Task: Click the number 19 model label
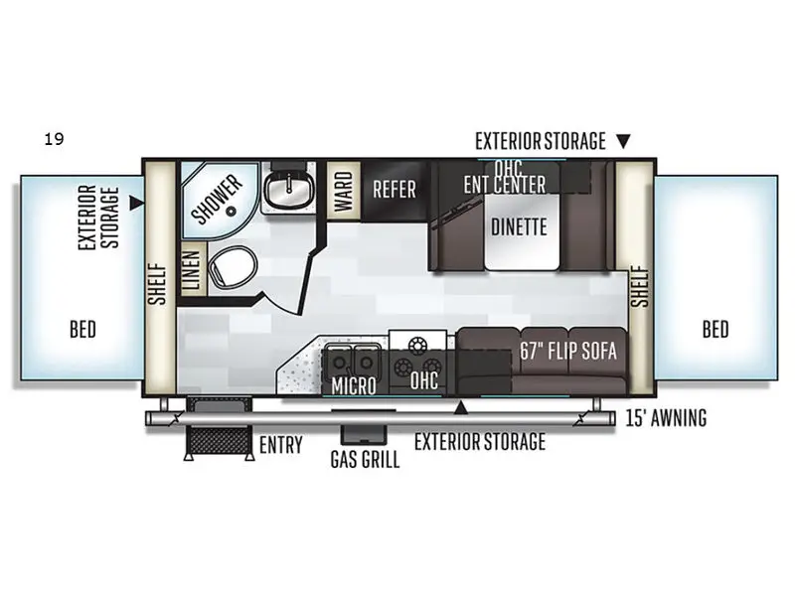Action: tap(54, 139)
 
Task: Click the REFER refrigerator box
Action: tap(395, 189)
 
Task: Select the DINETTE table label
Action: tap(519, 226)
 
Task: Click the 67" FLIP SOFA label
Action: tap(568, 351)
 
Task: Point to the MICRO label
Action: tap(354, 384)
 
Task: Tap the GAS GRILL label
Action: tap(366, 460)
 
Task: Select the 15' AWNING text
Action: tap(667, 418)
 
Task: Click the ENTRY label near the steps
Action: tap(280, 445)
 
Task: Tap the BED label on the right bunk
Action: tap(715, 329)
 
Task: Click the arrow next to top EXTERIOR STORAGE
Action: tap(623, 141)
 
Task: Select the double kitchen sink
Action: tap(354, 360)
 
